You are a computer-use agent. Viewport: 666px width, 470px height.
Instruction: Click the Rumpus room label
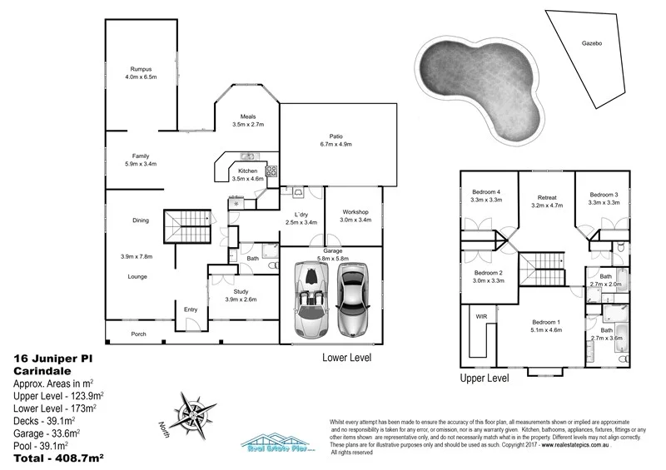(x=140, y=68)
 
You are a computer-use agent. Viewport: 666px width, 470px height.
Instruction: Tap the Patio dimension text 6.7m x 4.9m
(x=336, y=144)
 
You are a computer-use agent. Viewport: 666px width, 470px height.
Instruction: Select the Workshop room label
(x=355, y=212)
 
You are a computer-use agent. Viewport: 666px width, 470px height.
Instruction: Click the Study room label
(x=241, y=291)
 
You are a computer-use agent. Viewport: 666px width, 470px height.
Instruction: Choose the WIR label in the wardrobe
(x=481, y=316)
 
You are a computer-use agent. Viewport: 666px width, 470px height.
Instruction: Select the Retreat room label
(x=546, y=195)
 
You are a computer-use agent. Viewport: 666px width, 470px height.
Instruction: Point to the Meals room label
(x=248, y=116)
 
